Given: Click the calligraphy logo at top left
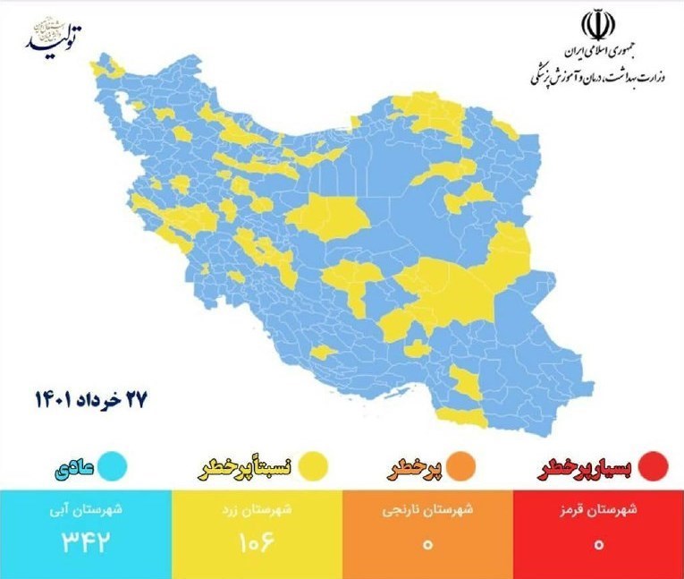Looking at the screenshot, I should tap(55, 36).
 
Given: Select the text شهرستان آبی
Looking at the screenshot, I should tap(86, 512).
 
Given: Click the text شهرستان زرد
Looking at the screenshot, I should tap(256, 512).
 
